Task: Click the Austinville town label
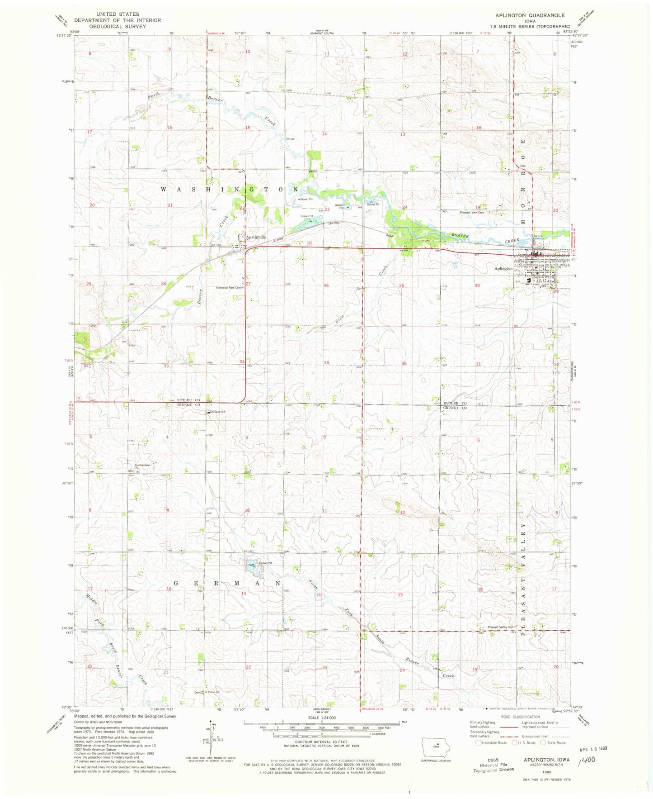click(x=255, y=237)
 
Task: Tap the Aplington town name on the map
click(x=503, y=269)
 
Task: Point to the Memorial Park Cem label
click(x=230, y=288)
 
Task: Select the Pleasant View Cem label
click(x=471, y=212)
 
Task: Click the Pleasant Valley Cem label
click(x=501, y=627)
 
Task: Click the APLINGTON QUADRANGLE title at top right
click(x=530, y=15)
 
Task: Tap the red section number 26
click(x=326, y=285)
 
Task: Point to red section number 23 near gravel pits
click(x=327, y=210)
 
